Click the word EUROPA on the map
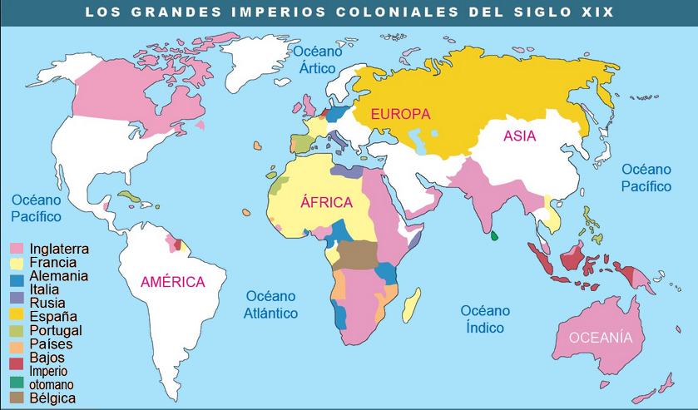(400, 114)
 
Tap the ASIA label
(520, 137)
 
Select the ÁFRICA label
(327, 202)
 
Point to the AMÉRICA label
(173, 282)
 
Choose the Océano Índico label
(485, 319)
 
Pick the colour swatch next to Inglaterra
(16, 249)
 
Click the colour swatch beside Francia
(16, 262)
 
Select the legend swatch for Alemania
(16, 275)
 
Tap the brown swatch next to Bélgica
(16, 398)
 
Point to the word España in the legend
(52, 316)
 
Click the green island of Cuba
(129, 197)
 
